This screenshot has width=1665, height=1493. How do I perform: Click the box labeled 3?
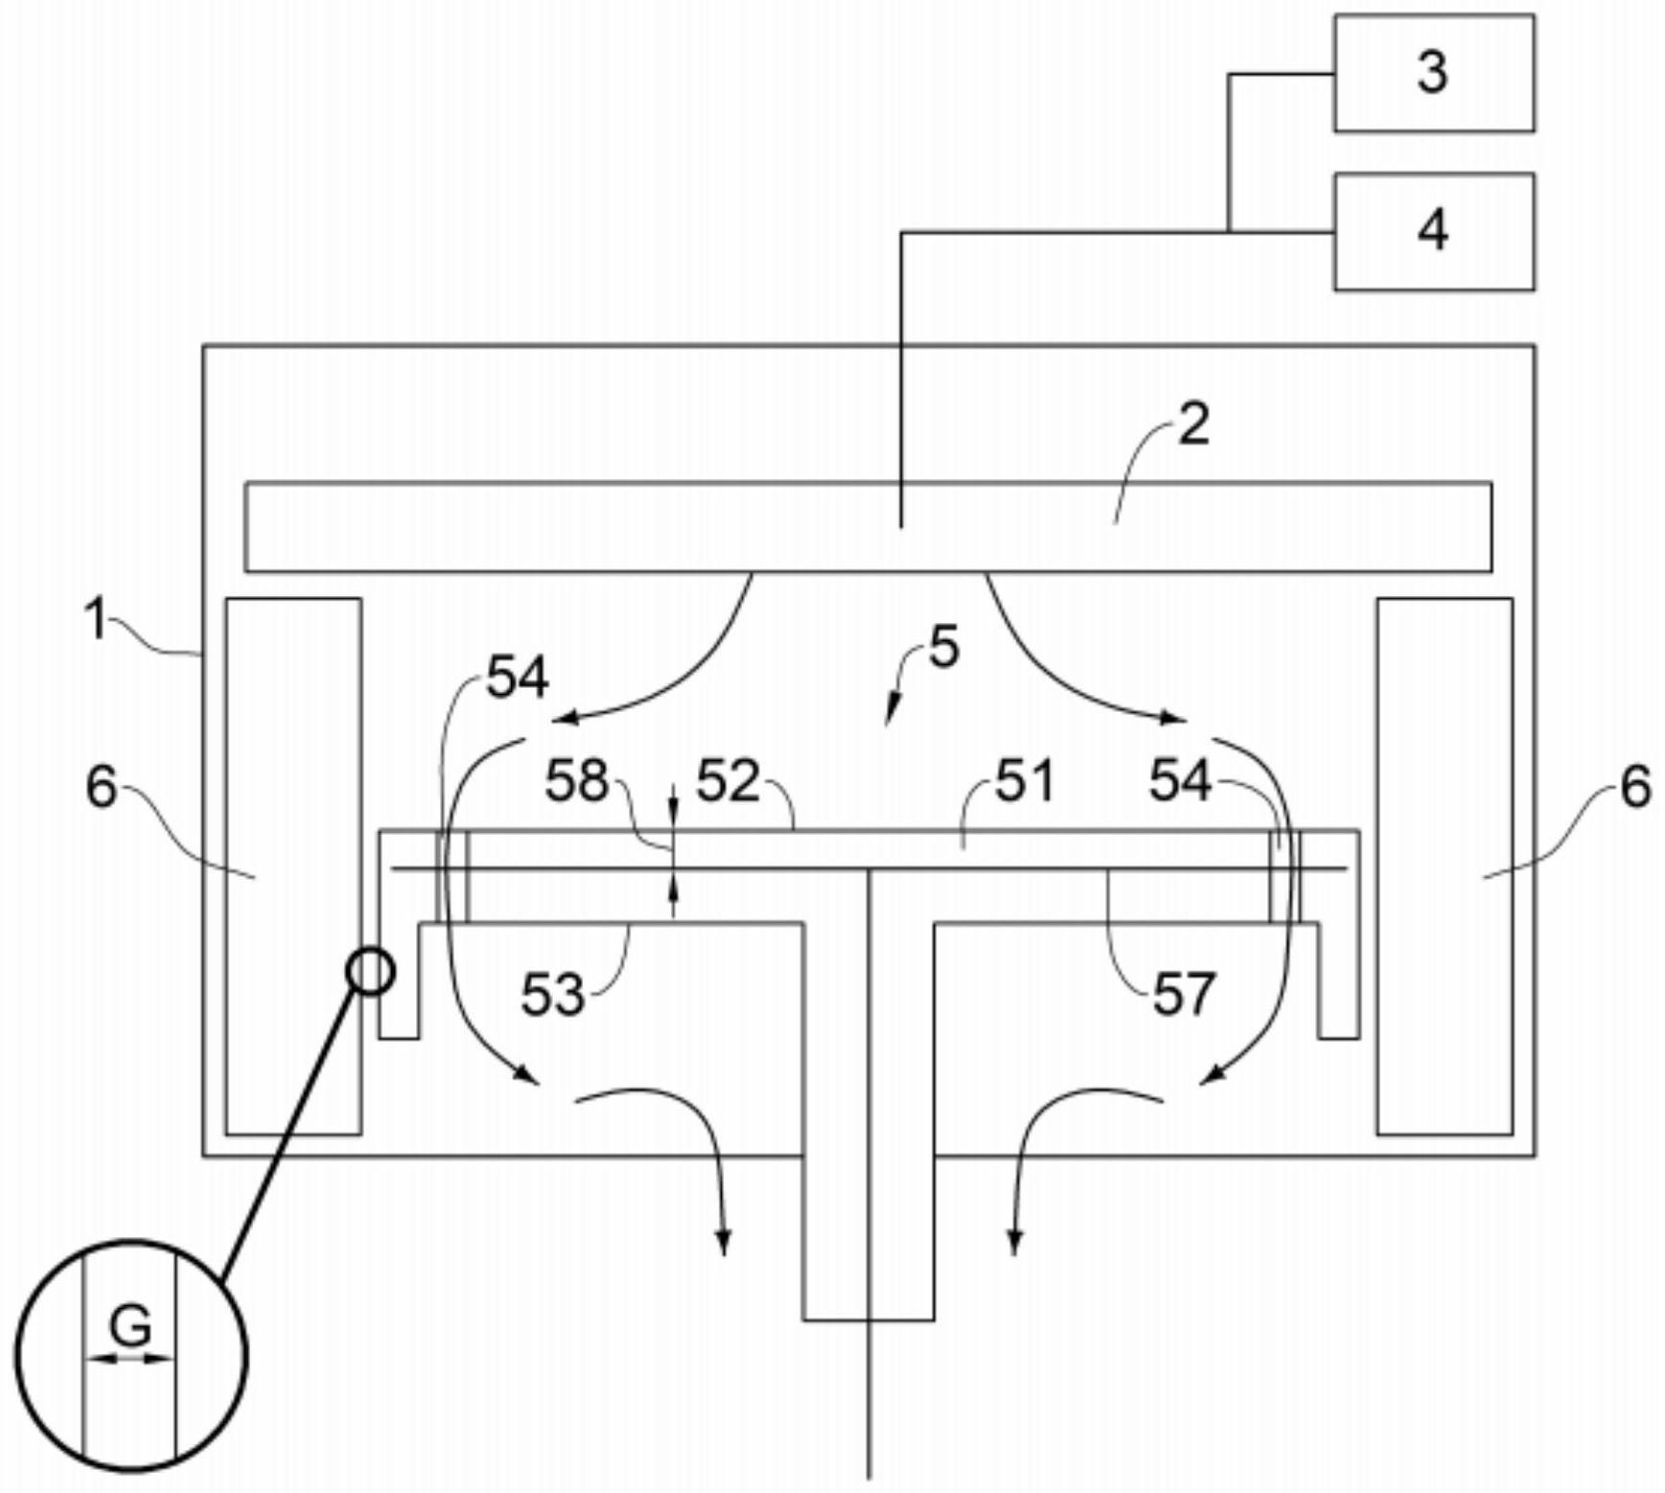click(x=1433, y=73)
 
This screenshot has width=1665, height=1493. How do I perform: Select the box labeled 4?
click(x=1433, y=231)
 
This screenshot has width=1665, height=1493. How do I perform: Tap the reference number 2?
click(x=1193, y=424)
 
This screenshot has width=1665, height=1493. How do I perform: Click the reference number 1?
click(x=96, y=618)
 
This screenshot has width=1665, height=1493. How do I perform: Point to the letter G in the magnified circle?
click(x=130, y=1326)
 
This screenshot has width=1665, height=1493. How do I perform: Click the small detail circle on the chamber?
click(x=370, y=971)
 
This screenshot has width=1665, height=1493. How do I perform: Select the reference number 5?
click(x=944, y=649)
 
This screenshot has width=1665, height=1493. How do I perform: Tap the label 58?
click(x=576, y=781)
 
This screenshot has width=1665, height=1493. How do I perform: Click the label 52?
click(x=727, y=781)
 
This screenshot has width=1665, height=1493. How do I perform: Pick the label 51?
click(x=1025, y=781)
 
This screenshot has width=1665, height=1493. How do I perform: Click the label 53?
click(x=552, y=995)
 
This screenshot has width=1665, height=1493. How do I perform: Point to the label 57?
click(x=1184, y=995)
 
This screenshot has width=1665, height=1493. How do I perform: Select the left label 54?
click(x=518, y=678)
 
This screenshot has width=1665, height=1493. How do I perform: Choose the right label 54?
click(x=1180, y=781)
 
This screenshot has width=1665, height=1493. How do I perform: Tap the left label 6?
click(x=101, y=788)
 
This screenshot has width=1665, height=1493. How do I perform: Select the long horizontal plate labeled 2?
click(x=575, y=527)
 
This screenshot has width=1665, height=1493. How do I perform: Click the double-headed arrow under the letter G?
click(x=129, y=1358)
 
